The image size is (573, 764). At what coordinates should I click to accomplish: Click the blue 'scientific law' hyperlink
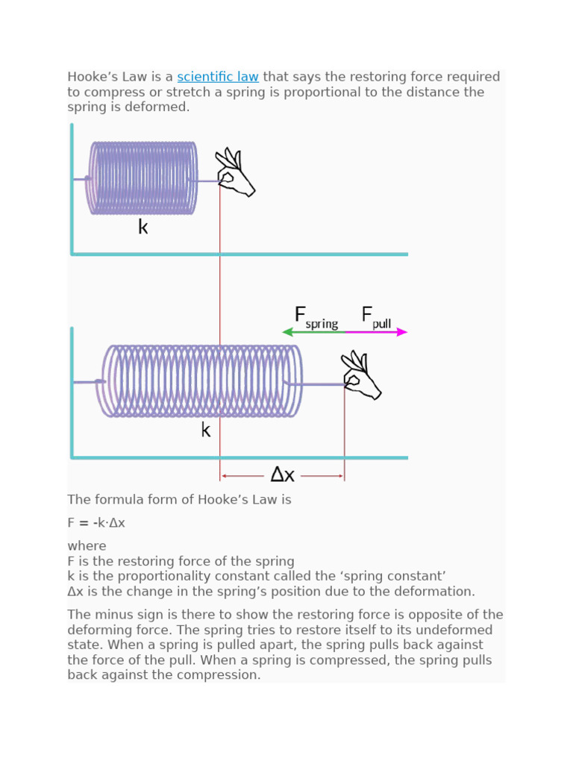click(x=218, y=77)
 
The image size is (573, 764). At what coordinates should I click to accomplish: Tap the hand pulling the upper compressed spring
click(x=234, y=174)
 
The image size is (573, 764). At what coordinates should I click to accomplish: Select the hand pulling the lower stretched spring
click(x=361, y=376)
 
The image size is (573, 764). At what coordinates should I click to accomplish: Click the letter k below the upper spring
click(x=143, y=228)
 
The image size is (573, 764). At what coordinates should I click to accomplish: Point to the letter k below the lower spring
click(x=206, y=430)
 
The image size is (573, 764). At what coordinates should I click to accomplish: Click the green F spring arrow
click(x=313, y=332)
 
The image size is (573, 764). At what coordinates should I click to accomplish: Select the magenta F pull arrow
click(x=377, y=332)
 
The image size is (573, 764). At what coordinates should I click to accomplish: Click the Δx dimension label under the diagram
click(x=282, y=475)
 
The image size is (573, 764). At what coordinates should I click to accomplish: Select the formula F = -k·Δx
click(x=96, y=523)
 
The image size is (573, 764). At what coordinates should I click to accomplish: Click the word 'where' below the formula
click(x=87, y=546)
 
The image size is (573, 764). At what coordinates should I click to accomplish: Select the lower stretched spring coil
click(x=201, y=381)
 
